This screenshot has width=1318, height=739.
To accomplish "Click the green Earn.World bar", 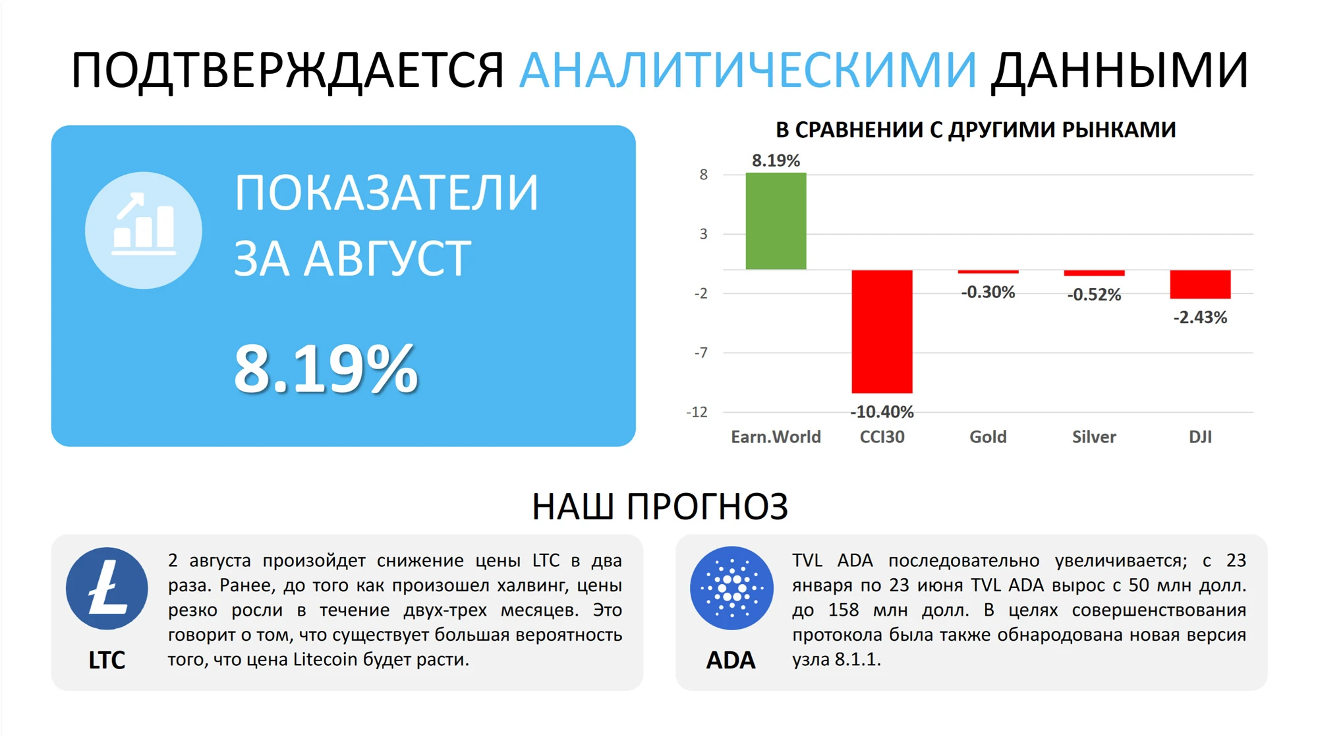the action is point(776,221).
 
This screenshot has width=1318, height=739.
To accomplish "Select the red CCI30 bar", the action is point(882,332).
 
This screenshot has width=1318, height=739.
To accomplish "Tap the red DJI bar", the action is point(1200,284).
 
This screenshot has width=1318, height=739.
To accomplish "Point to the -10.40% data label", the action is point(882,412).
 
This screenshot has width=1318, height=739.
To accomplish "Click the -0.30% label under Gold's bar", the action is point(988,292).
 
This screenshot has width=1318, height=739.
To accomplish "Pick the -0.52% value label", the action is point(1094,295).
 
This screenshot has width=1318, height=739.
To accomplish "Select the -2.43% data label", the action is point(1200,318).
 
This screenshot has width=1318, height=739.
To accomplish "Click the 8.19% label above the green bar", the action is point(776,160).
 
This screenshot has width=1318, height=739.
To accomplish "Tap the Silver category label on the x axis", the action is point(1094,437).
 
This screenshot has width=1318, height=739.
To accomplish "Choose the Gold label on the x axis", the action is point(988,437).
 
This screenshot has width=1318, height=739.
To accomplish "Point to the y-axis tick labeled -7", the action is point(701,353).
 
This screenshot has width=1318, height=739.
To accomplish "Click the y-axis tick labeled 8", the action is point(704,175).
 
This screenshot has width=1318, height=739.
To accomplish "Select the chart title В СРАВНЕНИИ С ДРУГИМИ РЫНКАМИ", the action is point(975,130).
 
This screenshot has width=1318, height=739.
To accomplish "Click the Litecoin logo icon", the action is point(107,589).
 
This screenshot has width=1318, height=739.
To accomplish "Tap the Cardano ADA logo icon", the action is point(731,588).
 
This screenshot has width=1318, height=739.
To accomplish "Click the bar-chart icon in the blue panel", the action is point(144,230).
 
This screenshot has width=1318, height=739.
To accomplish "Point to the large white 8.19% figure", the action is point(326,369).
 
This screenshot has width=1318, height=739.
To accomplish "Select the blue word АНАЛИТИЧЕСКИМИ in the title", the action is point(748,70).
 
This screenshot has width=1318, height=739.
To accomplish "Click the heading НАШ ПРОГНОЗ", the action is point(660,507).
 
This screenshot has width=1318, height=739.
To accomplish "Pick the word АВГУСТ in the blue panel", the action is point(387,258).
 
